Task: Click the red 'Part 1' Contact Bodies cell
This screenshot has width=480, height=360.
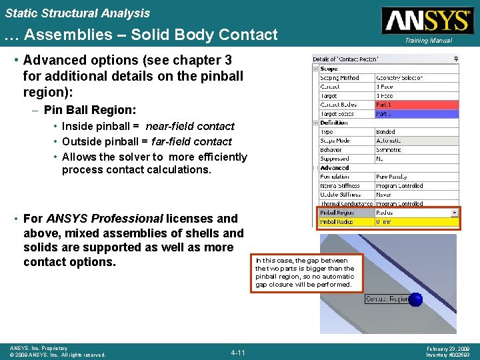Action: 417,105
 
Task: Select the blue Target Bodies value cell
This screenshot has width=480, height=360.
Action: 417,114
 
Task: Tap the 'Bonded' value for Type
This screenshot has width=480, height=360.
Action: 387,132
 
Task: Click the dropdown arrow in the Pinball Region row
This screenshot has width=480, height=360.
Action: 455,213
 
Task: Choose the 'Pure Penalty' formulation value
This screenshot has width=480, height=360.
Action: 393,177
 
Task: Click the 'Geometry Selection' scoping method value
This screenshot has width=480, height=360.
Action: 400,78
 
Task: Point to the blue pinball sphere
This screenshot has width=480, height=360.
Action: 415,299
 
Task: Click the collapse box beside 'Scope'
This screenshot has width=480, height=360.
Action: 315,69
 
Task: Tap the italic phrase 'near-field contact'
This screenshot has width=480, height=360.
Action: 190,126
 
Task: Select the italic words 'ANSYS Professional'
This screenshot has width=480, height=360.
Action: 105,218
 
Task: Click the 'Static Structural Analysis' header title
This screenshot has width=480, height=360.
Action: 77,13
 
